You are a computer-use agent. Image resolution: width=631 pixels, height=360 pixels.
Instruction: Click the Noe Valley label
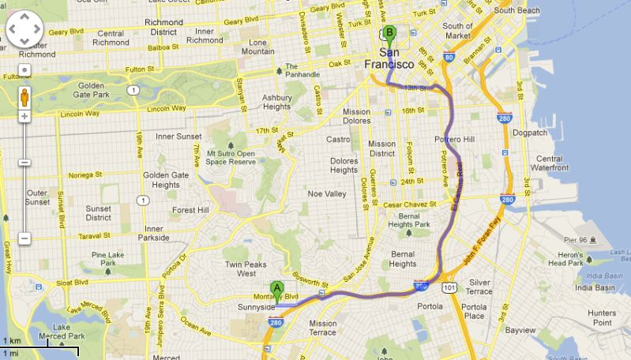tap(326, 193)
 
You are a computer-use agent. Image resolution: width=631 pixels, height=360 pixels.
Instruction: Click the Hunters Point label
tap(602, 317)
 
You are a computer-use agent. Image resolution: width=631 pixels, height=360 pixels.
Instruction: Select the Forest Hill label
tap(190, 211)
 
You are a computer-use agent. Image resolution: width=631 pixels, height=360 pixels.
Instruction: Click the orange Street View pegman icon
tap(24, 97)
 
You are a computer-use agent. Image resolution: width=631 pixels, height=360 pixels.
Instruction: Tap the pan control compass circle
tap(24, 31)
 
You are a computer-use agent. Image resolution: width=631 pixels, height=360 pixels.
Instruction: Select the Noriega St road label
tap(86, 174)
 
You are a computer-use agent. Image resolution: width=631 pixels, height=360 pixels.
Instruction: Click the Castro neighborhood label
tap(338, 140)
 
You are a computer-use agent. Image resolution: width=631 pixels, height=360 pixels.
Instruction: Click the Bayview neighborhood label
tap(520, 329)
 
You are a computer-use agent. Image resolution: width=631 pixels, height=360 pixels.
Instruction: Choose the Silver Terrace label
tap(479, 287)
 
